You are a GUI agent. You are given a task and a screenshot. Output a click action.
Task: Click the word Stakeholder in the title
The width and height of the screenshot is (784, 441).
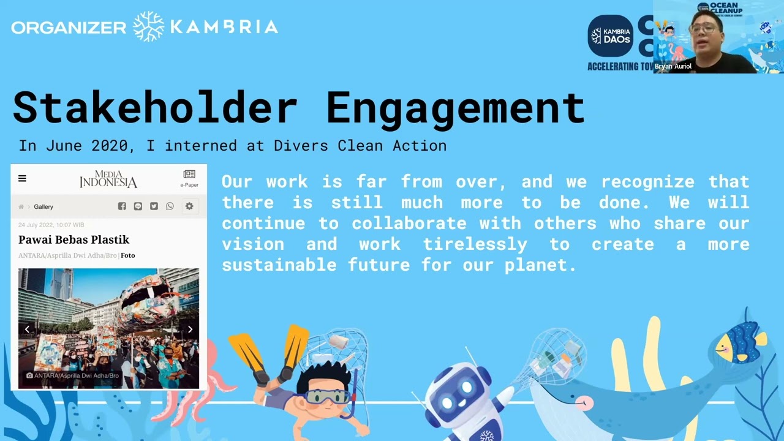(154, 108)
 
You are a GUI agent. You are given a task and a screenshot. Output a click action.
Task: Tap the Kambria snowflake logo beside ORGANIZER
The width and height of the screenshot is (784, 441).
(148, 26)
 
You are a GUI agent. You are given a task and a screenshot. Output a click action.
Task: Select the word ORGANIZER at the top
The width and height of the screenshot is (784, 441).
(69, 28)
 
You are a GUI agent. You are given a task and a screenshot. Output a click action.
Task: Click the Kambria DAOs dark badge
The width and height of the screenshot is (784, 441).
(610, 36)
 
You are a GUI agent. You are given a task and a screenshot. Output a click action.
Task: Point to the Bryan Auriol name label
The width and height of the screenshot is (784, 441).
(673, 66)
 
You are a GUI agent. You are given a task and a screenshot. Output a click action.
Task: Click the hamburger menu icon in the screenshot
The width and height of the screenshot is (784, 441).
(23, 178)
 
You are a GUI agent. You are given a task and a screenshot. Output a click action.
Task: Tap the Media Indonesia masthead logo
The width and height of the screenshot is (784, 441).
(108, 179)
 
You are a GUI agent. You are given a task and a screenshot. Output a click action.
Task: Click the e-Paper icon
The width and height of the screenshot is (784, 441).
(189, 178)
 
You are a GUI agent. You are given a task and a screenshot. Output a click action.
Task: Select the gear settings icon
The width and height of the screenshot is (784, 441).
(189, 206)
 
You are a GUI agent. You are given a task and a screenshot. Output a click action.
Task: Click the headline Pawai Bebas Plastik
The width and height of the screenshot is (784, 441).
(73, 239)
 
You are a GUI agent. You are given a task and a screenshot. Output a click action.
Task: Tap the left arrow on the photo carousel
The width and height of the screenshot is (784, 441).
(27, 330)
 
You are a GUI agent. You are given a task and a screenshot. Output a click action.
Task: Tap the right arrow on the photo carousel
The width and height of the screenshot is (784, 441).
(190, 330)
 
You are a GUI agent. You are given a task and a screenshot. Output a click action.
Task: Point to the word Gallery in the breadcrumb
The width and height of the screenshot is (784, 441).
(43, 207)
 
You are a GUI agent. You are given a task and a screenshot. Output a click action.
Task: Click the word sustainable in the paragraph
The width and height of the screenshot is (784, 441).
(277, 265)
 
